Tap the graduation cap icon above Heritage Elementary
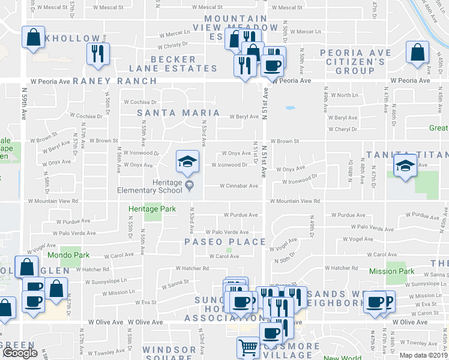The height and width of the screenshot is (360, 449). pos(187,161)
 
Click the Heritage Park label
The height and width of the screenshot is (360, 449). pos(152,209)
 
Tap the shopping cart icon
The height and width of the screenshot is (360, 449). pos(248,347)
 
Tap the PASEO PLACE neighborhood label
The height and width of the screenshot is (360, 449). pos(225,242)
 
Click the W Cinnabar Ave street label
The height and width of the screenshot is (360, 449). pos(238,186)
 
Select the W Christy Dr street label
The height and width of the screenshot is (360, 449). pos(173,46)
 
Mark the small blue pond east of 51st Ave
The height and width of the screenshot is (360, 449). pos(290,109)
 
